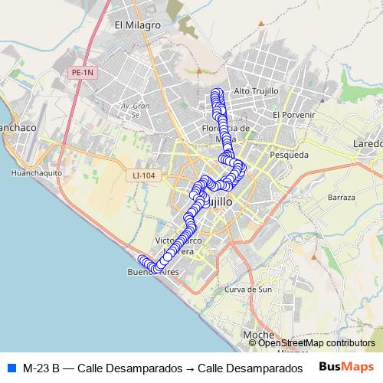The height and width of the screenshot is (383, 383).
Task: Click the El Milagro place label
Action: [137, 25]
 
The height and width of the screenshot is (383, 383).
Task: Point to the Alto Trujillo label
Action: [257, 91]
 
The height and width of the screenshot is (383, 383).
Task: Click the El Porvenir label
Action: [293, 114]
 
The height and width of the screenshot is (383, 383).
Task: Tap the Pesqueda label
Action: [290, 154]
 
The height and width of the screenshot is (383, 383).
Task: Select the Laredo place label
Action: [367, 143]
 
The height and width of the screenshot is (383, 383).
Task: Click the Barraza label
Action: [341, 197]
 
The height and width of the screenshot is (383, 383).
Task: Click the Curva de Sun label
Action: [248, 290]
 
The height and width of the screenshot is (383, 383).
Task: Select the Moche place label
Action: [258, 336]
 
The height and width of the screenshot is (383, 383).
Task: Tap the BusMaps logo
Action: [345, 366]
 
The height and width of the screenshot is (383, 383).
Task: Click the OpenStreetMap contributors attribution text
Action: [316, 343]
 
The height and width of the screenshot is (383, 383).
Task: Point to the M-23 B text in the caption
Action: [41, 367]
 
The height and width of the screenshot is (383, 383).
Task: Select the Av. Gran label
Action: [133, 105]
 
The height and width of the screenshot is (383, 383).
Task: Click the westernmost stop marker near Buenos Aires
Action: [142, 260]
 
